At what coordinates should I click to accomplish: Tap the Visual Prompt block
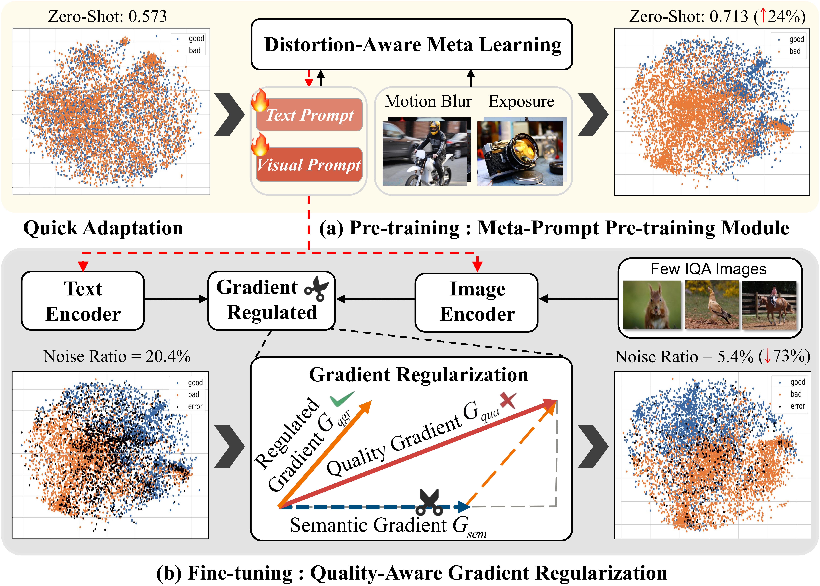[x=309, y=165]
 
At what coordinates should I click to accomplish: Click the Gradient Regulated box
[x=272, y=300]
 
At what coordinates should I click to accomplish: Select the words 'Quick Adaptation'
[x=103, y=228]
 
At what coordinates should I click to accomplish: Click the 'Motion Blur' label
[x=428, y=101]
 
